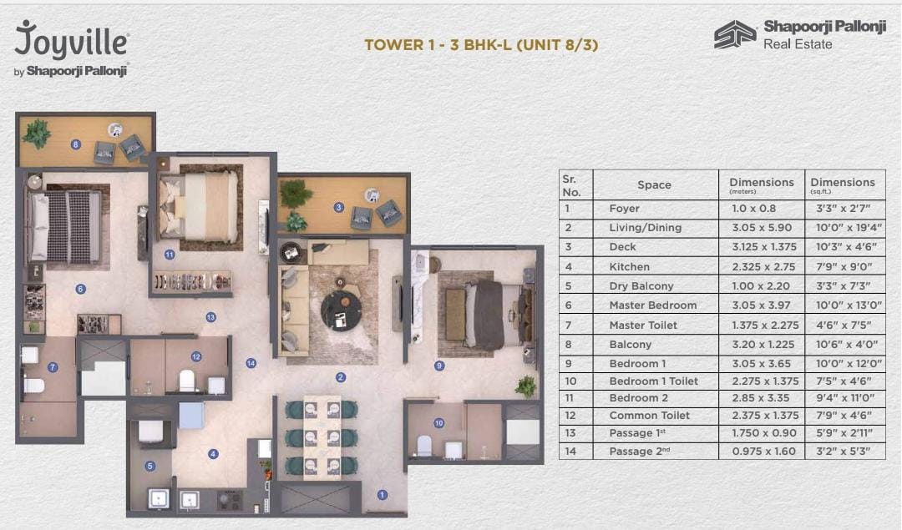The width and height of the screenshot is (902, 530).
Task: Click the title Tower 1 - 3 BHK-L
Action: coord(481,45)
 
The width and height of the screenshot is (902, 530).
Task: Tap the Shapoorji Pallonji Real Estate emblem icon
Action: coord(734,35)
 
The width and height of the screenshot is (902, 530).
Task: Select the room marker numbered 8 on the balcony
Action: coord(76,144)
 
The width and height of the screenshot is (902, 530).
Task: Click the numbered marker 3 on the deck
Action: coord(338,207)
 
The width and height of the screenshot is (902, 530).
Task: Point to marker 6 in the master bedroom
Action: coord(80,290)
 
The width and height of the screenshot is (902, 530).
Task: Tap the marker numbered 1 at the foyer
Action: coord(383,495)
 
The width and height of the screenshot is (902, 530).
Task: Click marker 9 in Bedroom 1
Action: coord(439,365)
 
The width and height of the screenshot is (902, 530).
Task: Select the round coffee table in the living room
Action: coord(341,309)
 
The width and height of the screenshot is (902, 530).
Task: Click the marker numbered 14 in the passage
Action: coord(251,363)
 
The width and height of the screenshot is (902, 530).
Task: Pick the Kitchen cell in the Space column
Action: coord(629,266)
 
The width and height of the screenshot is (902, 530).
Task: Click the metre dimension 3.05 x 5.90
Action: coord(761,227)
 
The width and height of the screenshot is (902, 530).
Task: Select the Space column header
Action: coord(654,185)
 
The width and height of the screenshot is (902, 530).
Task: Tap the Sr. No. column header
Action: coord(570,185)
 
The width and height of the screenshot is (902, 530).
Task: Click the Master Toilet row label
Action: coord(643,325)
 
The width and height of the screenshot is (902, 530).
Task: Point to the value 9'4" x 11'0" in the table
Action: coord(842,398)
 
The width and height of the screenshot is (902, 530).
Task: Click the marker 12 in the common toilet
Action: coord(196,356)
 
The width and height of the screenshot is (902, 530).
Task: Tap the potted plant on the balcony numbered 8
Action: coord(37,133)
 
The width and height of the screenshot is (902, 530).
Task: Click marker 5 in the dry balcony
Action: coord(150,467)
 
